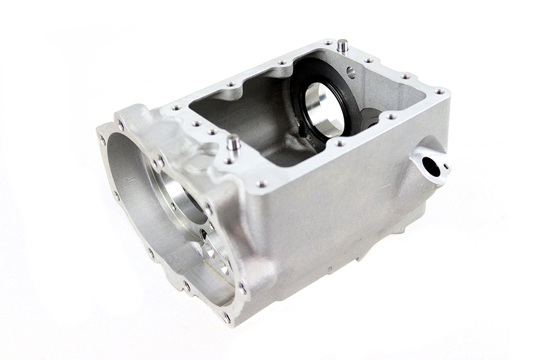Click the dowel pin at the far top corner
(342, 44)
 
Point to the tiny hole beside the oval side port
(445, 166)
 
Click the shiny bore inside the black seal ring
(323, 108)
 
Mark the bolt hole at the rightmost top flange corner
(440, 91)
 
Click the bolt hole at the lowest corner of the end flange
(226, 316)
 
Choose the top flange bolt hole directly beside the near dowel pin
(229, 160)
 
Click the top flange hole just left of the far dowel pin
(328, 43)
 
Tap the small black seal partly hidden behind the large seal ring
(371, 117)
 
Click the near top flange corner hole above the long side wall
(262, 184)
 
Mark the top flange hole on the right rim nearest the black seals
(391, 116)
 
